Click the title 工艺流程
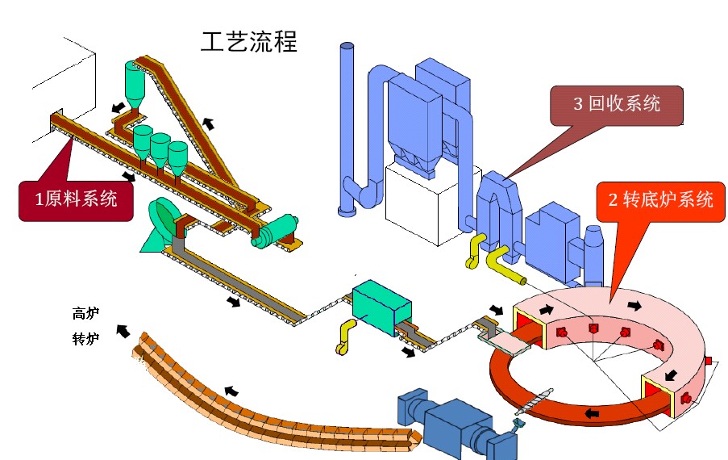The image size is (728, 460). coord(248,41)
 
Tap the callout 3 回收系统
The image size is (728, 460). coord(617,104)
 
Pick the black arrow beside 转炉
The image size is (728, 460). coord(123,329)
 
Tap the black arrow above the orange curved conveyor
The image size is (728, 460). coord(231,391)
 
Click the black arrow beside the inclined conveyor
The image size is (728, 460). coord(209,123)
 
